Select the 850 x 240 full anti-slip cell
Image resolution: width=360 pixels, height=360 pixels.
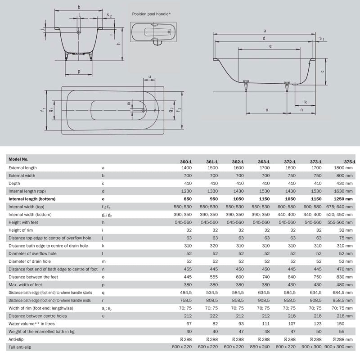tap(263, 346)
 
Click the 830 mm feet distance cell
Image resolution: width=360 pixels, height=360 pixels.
tap(344, 277)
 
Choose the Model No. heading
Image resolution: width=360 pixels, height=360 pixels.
tap(19, 159)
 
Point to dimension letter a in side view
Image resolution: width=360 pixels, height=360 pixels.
tap(265, 31)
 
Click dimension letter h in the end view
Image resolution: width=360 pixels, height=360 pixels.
tap(118, 43)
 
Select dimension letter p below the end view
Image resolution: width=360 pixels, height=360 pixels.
tap(79, 71)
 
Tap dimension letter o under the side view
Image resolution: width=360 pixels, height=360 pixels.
tap(267, 110)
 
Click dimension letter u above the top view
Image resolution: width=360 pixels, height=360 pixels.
tap(149, 76)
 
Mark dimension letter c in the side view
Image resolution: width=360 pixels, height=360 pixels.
tap(322, 71)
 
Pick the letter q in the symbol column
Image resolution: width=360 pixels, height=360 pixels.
tap(103, 292)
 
